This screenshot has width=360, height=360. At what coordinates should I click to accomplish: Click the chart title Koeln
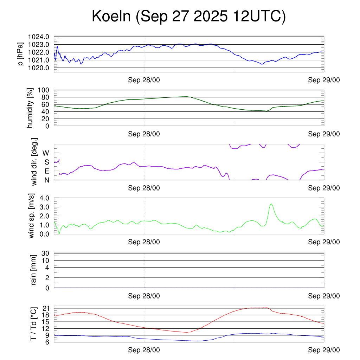(x=188, y=17)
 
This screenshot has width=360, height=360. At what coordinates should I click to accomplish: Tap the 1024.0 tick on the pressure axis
(x=41, y=37)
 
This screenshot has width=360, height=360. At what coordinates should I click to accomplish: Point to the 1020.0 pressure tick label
(x=41, y=67)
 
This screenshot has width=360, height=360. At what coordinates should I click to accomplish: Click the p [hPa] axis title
(x=21, y=54)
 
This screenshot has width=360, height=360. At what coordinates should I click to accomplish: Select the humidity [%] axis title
(x=30, y=108)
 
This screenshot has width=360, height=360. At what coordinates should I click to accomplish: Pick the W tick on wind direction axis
(x=46, y=153)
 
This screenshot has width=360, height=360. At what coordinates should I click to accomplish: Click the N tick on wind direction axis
(x=46, y=180)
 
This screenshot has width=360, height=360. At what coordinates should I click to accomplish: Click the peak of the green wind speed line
(x=271, y=204)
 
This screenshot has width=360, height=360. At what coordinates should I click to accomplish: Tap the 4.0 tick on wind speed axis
(x=44, y=198)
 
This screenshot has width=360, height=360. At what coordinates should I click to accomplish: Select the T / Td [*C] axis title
(x=33, y=324)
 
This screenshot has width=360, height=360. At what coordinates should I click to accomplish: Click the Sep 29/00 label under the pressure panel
(x=324, y=80)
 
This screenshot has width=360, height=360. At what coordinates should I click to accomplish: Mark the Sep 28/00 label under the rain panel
(x=144, y=296)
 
